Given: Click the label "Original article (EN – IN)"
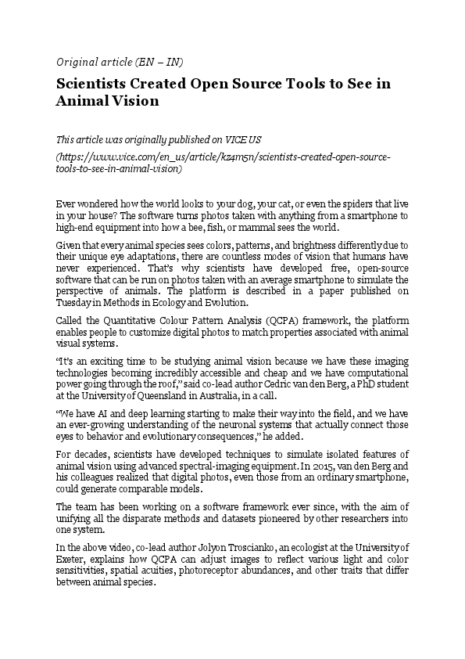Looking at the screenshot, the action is coord(120,62).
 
